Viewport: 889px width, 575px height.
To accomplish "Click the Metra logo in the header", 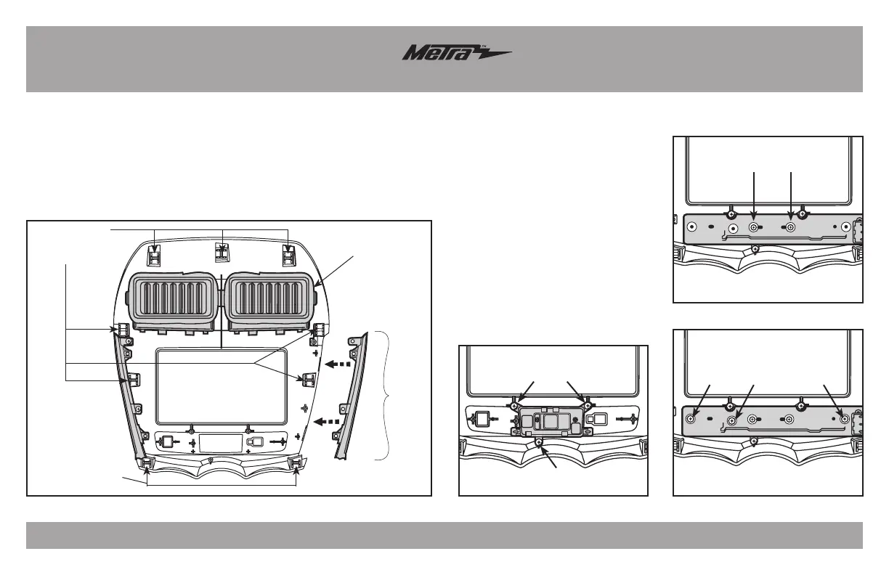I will point(457,55).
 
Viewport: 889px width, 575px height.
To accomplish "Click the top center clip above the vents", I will point(222,253).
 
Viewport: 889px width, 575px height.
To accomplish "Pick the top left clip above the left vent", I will point(155,256).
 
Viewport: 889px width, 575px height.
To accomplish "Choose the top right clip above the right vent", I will point(289,256).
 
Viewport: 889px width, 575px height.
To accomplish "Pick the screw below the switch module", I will point(540,441).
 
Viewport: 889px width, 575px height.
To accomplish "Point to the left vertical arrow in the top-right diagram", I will point(755,196).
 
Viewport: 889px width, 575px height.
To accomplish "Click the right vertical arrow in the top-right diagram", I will point(790,196).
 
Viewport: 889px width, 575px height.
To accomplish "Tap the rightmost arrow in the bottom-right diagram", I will point(834,400).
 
